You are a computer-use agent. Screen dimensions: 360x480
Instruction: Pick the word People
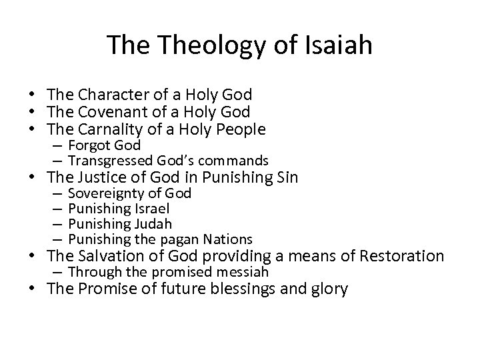241,129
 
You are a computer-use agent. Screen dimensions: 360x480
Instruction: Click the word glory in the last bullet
326,290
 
